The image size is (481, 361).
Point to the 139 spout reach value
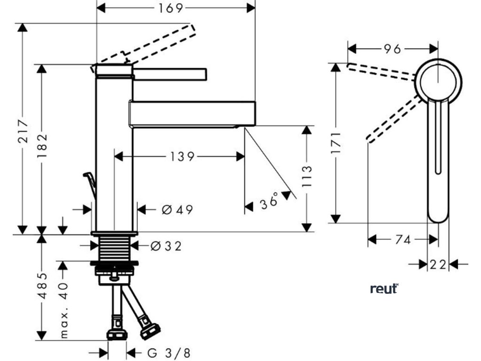[179, 156]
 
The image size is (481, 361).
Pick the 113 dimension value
[307, 176]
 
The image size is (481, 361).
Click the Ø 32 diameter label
[166, 245]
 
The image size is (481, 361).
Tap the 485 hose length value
[42, 286]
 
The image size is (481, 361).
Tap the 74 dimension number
[403, 240]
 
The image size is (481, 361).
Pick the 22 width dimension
[438, 265]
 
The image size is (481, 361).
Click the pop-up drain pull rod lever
[91, 186]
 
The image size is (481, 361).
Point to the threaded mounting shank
[115, 247]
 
